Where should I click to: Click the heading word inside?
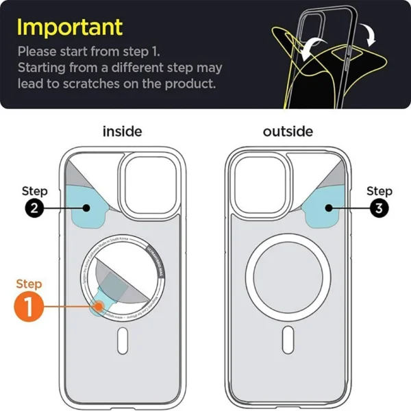pyautogui.click(x=122, y=131)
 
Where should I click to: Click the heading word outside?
pyautogui.click(x=288, y=131)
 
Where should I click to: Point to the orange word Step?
pyautogui.click(x=29, y=284)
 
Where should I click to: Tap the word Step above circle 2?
pyautogui.click(x=35, y=190)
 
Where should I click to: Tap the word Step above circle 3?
pyautogui.click(x=379, y=190)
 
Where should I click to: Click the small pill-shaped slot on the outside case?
pyautogui.click(x=288, y=340)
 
